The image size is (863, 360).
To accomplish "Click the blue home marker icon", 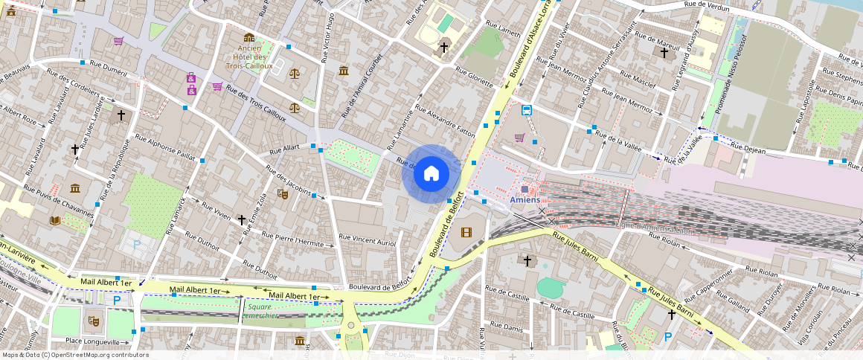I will (431, 173).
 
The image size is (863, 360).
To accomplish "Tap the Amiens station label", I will (530, 200).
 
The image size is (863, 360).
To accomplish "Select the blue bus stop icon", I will (527, 110).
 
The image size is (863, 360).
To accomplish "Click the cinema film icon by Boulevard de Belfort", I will (466, 233).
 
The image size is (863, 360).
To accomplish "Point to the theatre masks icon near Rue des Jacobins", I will (283, 193).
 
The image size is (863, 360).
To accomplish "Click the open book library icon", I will (55, 220).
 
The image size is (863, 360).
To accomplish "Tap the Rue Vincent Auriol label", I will (368, 240).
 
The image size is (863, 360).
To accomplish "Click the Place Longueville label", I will (92, 342).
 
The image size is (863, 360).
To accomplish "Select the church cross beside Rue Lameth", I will (444, 48).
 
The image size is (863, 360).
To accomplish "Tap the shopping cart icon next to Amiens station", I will (519, 138).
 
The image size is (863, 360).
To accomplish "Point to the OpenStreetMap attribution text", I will (75, 355).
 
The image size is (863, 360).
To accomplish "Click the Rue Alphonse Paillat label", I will (161, 149).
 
